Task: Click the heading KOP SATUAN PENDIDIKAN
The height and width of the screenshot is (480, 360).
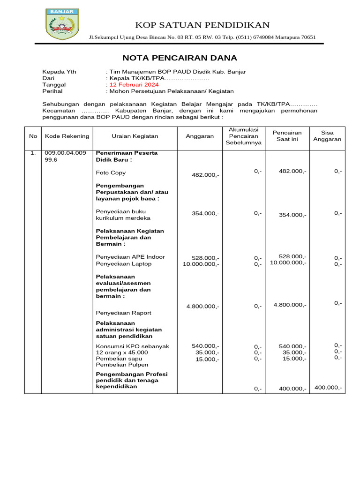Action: [x=202, y=25]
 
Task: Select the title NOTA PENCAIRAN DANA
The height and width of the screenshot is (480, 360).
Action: [x=180, y=58]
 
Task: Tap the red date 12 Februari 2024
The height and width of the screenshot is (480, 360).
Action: [x=134, y=85]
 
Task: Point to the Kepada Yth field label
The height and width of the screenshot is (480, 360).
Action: [x=59, y=72]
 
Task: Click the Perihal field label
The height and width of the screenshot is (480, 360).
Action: [x=52, y=91]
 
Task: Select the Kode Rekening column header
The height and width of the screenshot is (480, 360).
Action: [x=67, y=136]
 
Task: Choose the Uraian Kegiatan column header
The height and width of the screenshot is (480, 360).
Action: [x=135, y=136]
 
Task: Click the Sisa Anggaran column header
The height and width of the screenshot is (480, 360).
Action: [x=328, y=136]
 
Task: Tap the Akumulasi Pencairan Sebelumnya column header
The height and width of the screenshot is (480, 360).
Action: [x=243, y=136]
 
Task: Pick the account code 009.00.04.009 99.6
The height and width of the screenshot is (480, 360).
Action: [x=65, y=156]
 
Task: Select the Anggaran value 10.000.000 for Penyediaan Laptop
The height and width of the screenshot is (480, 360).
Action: [x=201, y=264]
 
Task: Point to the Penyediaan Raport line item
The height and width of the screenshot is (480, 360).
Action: [x=124, y=313]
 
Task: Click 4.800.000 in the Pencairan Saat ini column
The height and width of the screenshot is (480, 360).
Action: [x=290, y=305]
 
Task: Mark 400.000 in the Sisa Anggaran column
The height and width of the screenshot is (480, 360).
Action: [x=328, y=388]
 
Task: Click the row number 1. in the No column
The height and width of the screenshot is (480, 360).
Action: [x=33, y=153]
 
